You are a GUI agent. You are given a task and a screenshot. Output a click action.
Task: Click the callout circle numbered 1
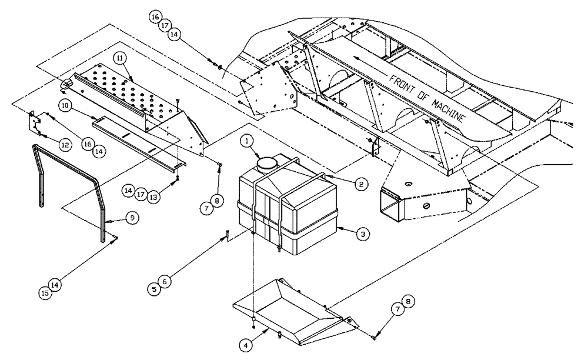click(247, 141)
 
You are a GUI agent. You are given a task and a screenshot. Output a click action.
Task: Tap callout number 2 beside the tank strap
click(362, 184)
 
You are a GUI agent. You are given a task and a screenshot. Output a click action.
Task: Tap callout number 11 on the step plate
click(120, 59)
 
